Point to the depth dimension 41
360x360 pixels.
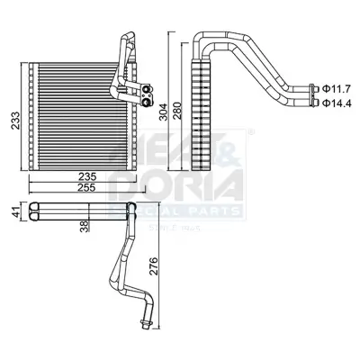click(x=13, y=213)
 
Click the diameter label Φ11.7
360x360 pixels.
click(x=337, y=87)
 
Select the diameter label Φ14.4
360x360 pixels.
click(x=337, y=103)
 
